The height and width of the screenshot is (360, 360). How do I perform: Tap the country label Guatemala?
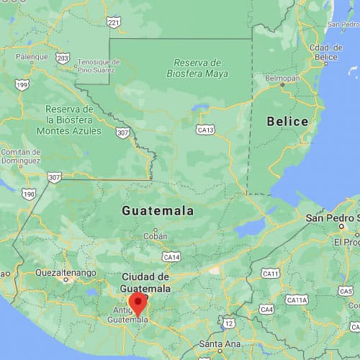[x=158, y=211]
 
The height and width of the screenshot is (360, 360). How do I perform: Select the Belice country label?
[x=287, y=121]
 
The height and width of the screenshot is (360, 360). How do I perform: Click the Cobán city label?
[x=155, y=235]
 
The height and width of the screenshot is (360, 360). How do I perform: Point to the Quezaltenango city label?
[x=66, y=273]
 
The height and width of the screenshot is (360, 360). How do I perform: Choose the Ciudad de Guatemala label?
[x=145, y=282]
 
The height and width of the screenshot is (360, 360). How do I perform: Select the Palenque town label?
[x=32, y=56]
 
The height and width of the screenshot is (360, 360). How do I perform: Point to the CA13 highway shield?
[x=206, y=130]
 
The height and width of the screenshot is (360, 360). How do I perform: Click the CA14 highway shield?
[x=171, y=256]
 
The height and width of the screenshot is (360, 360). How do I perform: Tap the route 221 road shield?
[x=114, y=23]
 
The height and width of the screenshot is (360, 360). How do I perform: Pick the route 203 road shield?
[x=63, y=58]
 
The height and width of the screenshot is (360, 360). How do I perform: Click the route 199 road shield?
[x=23, y=85]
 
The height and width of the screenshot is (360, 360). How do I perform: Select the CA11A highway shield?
[x=296, y=299]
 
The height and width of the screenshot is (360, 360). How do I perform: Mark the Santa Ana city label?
[x=215, y=344]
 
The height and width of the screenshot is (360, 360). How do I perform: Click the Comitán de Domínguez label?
[x=21, y=156]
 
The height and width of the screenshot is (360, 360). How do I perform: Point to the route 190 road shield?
[x=29, y=194]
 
